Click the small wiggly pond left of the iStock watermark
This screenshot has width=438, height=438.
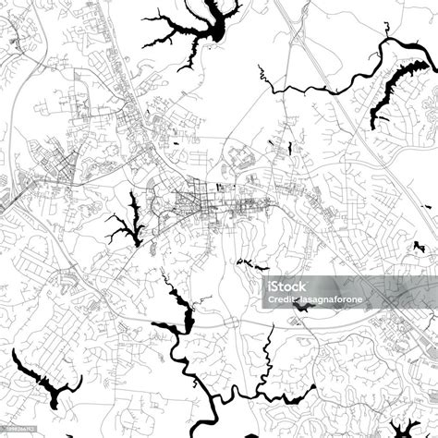pyautogui.click(x=244, y=262)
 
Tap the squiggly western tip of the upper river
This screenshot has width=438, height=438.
pyautogui.click(x=262, y=75)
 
